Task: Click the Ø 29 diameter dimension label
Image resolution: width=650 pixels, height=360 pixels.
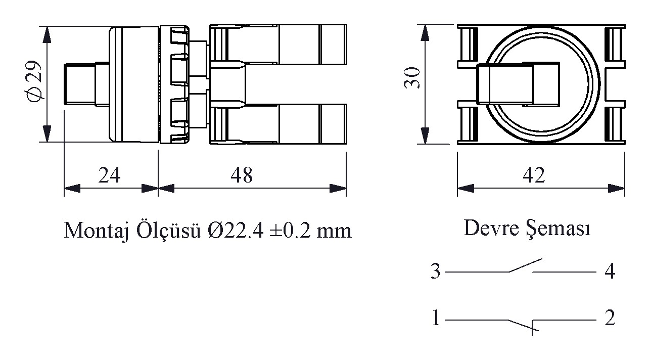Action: (33, 81)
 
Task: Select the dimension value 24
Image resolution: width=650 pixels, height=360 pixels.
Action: (109, 175)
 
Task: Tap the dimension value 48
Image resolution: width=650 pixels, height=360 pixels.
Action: (242, 175)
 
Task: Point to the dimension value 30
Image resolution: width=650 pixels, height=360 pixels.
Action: (412, 77)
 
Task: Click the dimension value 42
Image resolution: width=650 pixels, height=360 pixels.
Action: (534, 175)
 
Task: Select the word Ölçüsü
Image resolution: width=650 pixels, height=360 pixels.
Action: (169, 232)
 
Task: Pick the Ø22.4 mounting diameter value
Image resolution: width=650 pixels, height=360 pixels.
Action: (236, 232)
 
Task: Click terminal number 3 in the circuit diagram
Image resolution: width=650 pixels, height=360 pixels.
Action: (436, 272)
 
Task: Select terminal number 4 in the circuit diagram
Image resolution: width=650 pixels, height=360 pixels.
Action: (610, 272)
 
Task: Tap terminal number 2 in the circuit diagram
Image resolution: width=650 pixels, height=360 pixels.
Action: (610, 318)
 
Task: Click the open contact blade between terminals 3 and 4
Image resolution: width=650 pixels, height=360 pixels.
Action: (526, 265)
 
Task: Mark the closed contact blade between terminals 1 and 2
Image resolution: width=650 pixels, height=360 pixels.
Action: (523, 325)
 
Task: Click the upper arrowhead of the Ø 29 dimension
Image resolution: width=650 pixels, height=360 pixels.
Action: (47, 34)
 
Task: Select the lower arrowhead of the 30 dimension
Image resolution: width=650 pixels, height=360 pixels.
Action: (425, 136)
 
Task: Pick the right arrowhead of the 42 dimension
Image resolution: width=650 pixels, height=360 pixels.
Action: (616, 188)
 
